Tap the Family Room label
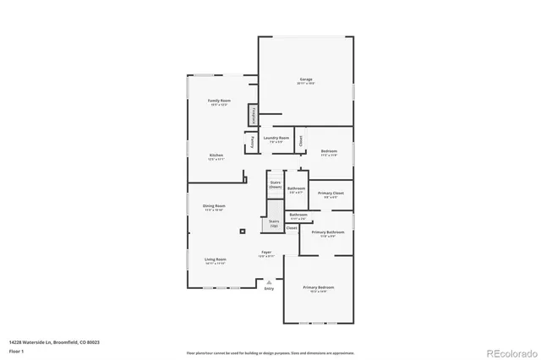tap(220, 101)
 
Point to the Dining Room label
tap(214, 207)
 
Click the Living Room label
tap(215, 260)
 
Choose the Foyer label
tap(265, 253)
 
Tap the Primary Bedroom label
tap(319, 289)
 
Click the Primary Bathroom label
tap(327, 233)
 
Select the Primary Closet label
tap(330, 194)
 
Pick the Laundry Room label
tap(276, 139)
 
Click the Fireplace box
tap(252, 115)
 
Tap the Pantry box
tap(251, 142)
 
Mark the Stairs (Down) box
tap(275, 184)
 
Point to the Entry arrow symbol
tap(270, 282)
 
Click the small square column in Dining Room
tap(243, 230)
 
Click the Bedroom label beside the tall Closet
tap(329, 152)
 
